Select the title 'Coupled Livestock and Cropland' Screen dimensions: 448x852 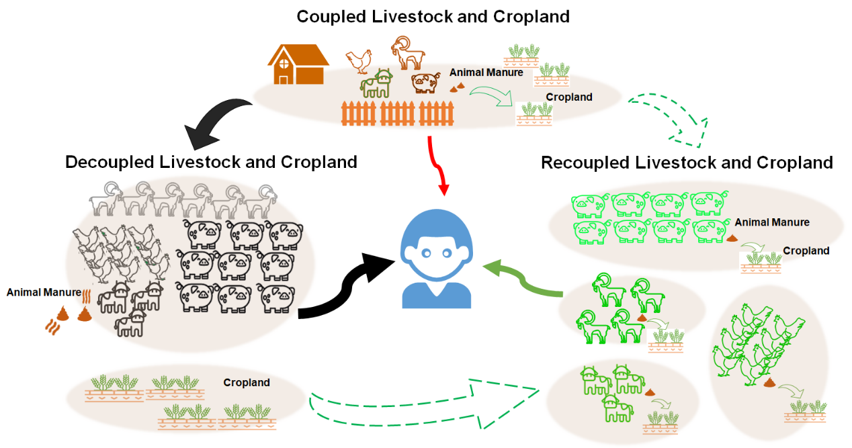[433, 16]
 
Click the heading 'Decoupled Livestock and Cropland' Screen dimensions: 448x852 [211, 162]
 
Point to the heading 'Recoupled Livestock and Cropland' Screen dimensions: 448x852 [687, 163]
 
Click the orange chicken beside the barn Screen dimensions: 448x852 [359, 61]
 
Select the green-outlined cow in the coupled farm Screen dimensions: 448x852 [377, 83]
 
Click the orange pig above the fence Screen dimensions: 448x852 [425, 83]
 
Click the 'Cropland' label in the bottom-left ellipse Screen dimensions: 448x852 [247, 383]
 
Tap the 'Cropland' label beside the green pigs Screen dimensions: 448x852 [806, 251]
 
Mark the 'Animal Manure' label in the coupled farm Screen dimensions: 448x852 [486, 72]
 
